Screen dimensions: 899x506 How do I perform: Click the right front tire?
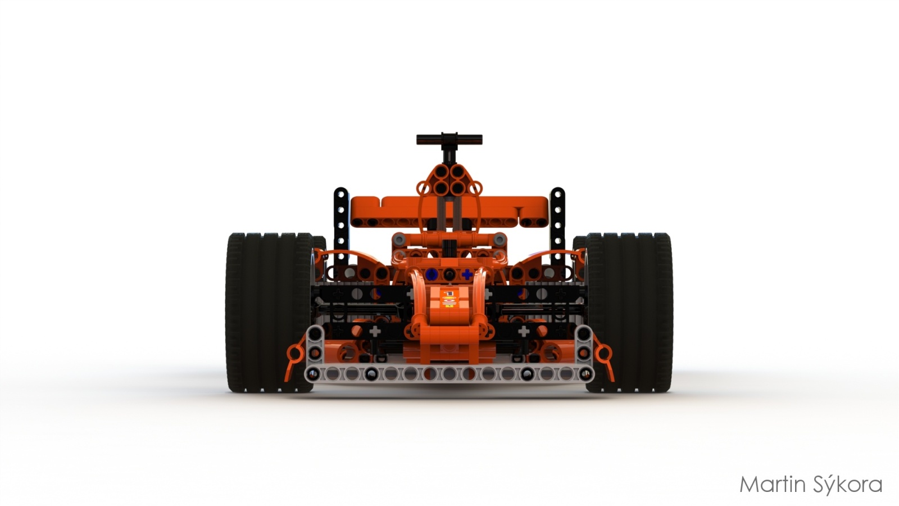(629, 313)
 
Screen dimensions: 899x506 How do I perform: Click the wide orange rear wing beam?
(449, 211)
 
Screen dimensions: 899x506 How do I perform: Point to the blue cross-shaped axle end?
(467, 275)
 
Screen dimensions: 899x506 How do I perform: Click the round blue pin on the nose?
(432, 275)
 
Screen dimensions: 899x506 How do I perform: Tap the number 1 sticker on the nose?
(449, 293)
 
